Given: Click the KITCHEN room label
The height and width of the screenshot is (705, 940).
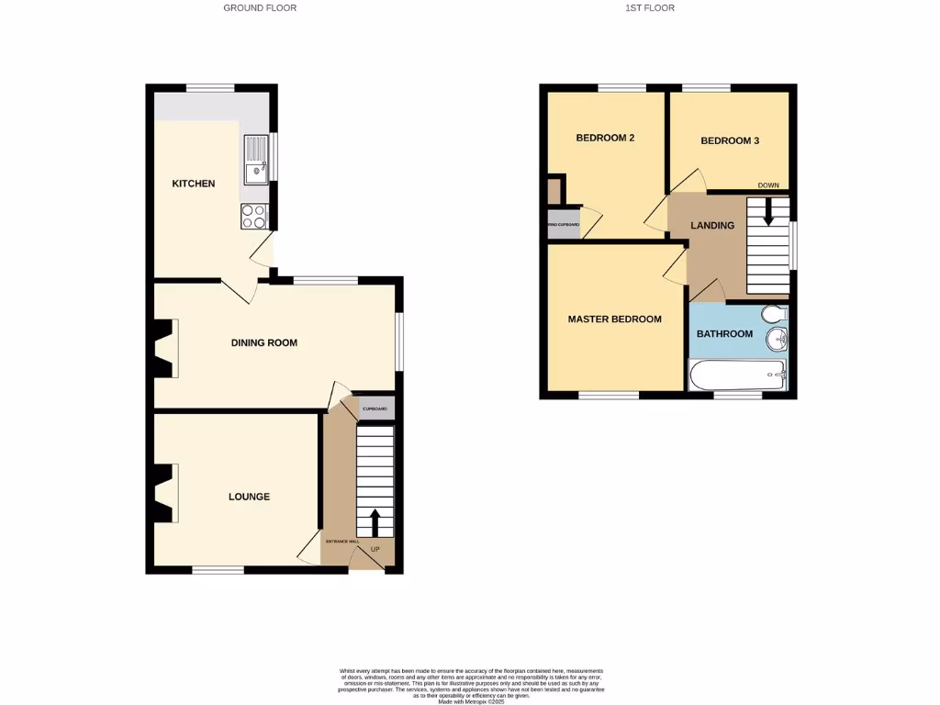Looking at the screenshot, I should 194,184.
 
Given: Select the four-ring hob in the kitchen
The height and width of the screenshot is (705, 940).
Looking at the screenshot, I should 254,216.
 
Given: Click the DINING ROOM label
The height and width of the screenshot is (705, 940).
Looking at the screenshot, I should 263,343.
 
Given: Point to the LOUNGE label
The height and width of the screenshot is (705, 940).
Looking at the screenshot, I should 249,497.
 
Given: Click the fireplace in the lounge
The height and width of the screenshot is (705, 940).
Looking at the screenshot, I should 165,493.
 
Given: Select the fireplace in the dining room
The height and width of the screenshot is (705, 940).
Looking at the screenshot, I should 165,348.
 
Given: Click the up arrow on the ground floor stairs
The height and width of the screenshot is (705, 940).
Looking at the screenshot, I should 375,522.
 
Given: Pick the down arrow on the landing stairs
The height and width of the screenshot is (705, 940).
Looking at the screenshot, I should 768,212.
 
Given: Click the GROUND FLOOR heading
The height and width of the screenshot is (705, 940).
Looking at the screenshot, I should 260,8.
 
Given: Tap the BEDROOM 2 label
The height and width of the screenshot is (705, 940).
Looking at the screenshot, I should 605,139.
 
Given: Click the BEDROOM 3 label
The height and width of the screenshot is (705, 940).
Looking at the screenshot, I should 730,141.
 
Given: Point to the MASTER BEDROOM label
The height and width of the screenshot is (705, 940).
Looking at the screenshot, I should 614,319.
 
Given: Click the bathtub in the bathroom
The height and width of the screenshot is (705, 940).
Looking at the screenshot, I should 737,375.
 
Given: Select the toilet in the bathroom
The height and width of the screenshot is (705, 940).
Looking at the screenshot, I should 776,315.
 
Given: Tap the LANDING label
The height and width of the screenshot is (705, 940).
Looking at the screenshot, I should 712,226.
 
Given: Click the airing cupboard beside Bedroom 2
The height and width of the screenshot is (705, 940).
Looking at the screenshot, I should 564,224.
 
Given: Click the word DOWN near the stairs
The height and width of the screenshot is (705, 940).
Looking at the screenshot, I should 768,185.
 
